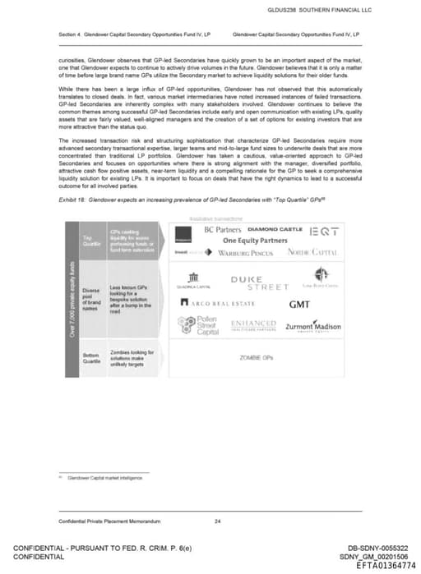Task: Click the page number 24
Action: click(217, 521)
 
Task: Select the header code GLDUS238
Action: click(284, 10)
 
